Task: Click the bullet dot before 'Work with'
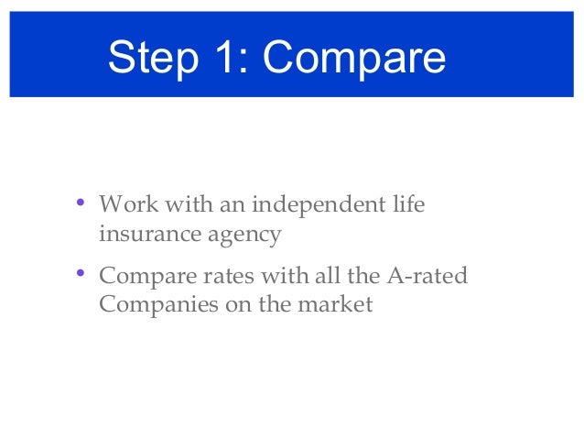pyautogui.click(x=81, y=201)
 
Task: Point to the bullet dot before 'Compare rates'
pyautogui.click(x=81, y=272)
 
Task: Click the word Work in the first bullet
pyautogui.click(x=124, y=203)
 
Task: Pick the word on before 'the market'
pyautogui.click(x=237, y=305)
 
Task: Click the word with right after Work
pyautogui.click(x=180, y=203)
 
